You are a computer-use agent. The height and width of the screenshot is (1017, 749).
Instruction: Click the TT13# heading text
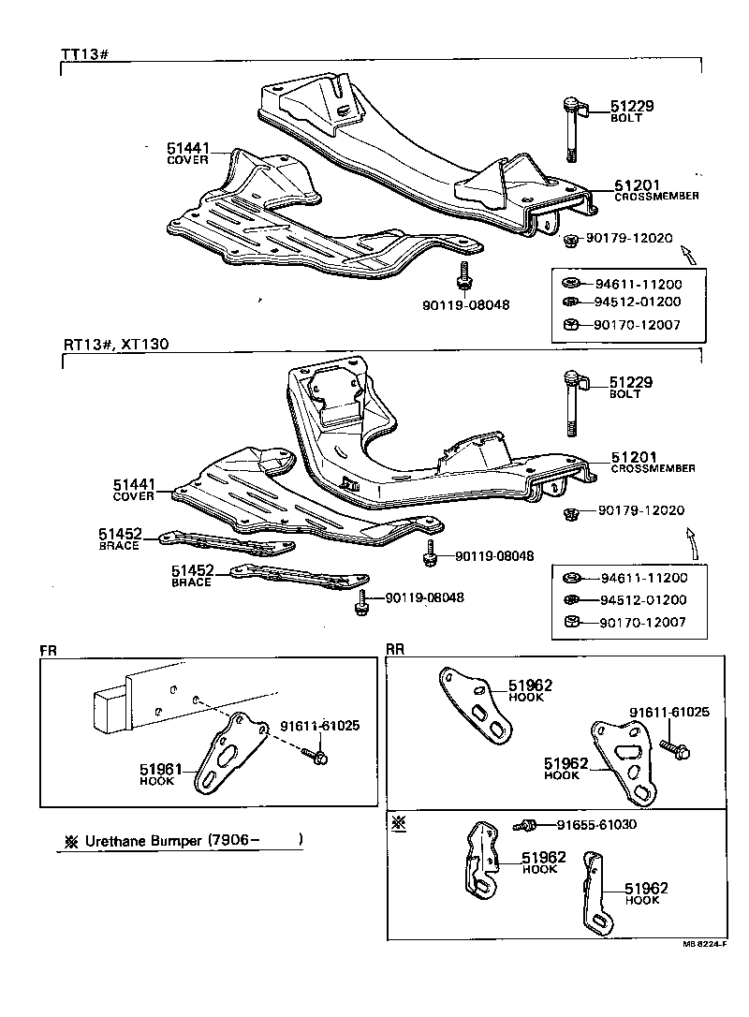[x=86, y=53]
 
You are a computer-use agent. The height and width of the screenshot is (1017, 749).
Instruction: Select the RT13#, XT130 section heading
[x=116, y=344]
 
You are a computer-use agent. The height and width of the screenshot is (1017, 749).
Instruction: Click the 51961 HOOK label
[x=160, y=774]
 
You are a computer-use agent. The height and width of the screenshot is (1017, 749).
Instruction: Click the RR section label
[x=395, y=648]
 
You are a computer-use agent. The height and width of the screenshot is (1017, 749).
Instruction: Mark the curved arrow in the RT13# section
[x=691, y=542]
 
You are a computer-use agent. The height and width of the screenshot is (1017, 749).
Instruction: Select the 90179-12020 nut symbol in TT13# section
[x=570, y=241]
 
